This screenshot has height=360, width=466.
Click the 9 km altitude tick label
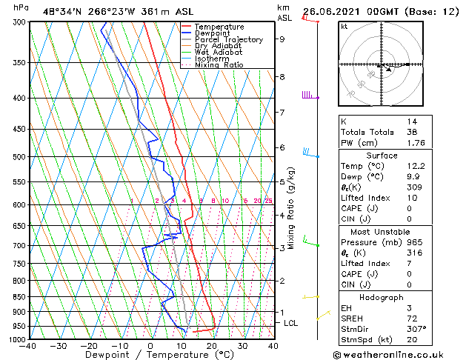(282, 39)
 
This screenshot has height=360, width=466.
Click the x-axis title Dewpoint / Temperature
(150, 355)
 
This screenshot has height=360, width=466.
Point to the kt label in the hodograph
(344, 27)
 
